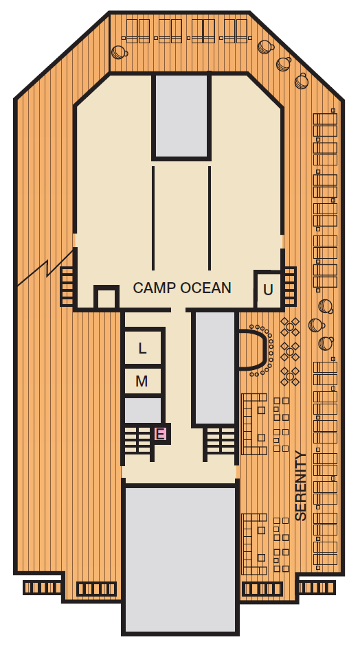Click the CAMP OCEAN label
(x=182, y=288)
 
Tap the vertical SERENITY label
(x=301, y=485)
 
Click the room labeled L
(x=142, y=348)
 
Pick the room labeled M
(x=142, y=381)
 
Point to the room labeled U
(x=268, y=290)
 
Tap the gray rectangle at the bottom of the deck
(x=180, y=560)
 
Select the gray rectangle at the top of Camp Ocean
(x=181, y=115)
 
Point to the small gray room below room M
(x=143, y=411)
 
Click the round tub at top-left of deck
(x=119, y=52)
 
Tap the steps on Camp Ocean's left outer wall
(x=68, y=286)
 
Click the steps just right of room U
(x=290, y=286)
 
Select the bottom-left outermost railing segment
(x=42, y=588)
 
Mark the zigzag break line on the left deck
(x=45, y=268)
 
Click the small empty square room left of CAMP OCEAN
(x=106, y=298)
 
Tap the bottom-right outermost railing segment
(x=317, y=588)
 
